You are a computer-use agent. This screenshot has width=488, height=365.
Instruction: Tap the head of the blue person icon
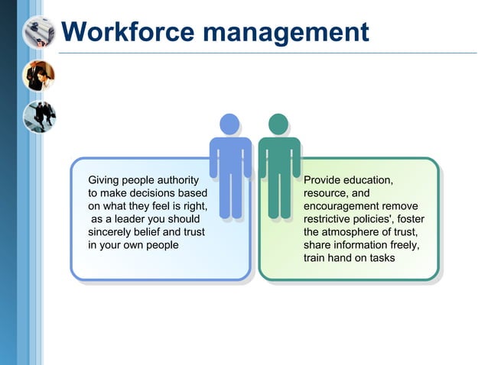(x=229, y=124)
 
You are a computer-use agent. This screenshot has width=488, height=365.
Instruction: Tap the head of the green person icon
(x=278, y=124)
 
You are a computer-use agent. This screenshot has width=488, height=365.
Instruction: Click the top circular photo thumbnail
(x=38, y=32)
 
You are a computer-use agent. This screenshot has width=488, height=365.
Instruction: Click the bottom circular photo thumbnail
(x=38, y=116)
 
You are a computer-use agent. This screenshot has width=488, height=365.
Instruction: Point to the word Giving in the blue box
(x=106, y=180)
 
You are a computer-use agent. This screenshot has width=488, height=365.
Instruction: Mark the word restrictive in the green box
(x=330, y=219)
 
